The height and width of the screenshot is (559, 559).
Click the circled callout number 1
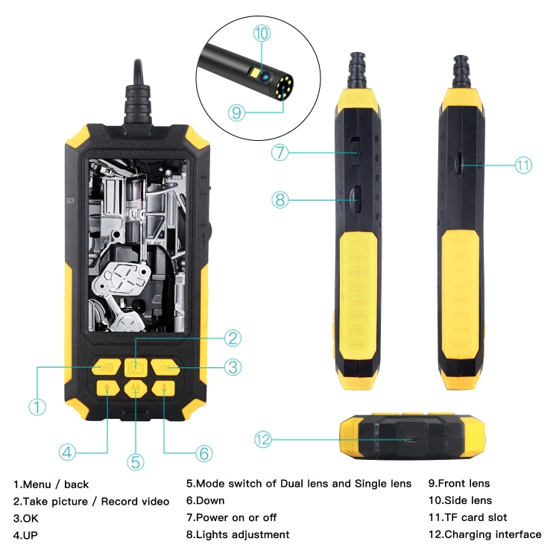(37, 407)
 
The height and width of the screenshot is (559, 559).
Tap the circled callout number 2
(233, 338)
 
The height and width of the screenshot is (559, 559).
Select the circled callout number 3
(233, 367)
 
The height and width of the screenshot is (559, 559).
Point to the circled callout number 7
(279, 153)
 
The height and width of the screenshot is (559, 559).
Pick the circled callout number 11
(524, 165)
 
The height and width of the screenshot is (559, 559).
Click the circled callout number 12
(262, 439)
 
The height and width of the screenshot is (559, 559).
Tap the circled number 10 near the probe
(261, 33)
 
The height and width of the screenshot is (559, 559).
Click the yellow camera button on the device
(136, 367)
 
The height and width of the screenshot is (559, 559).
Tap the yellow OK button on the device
(165, 367)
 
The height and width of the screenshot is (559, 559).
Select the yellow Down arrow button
(164, 388)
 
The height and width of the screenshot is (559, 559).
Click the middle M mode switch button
(136, 388)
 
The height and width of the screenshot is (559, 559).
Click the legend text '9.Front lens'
(458, 484)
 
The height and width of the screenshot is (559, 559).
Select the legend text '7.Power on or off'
(231, 517)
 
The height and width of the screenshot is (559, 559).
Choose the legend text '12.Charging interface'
(484, 534)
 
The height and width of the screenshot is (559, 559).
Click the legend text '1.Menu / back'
(51, 484)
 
